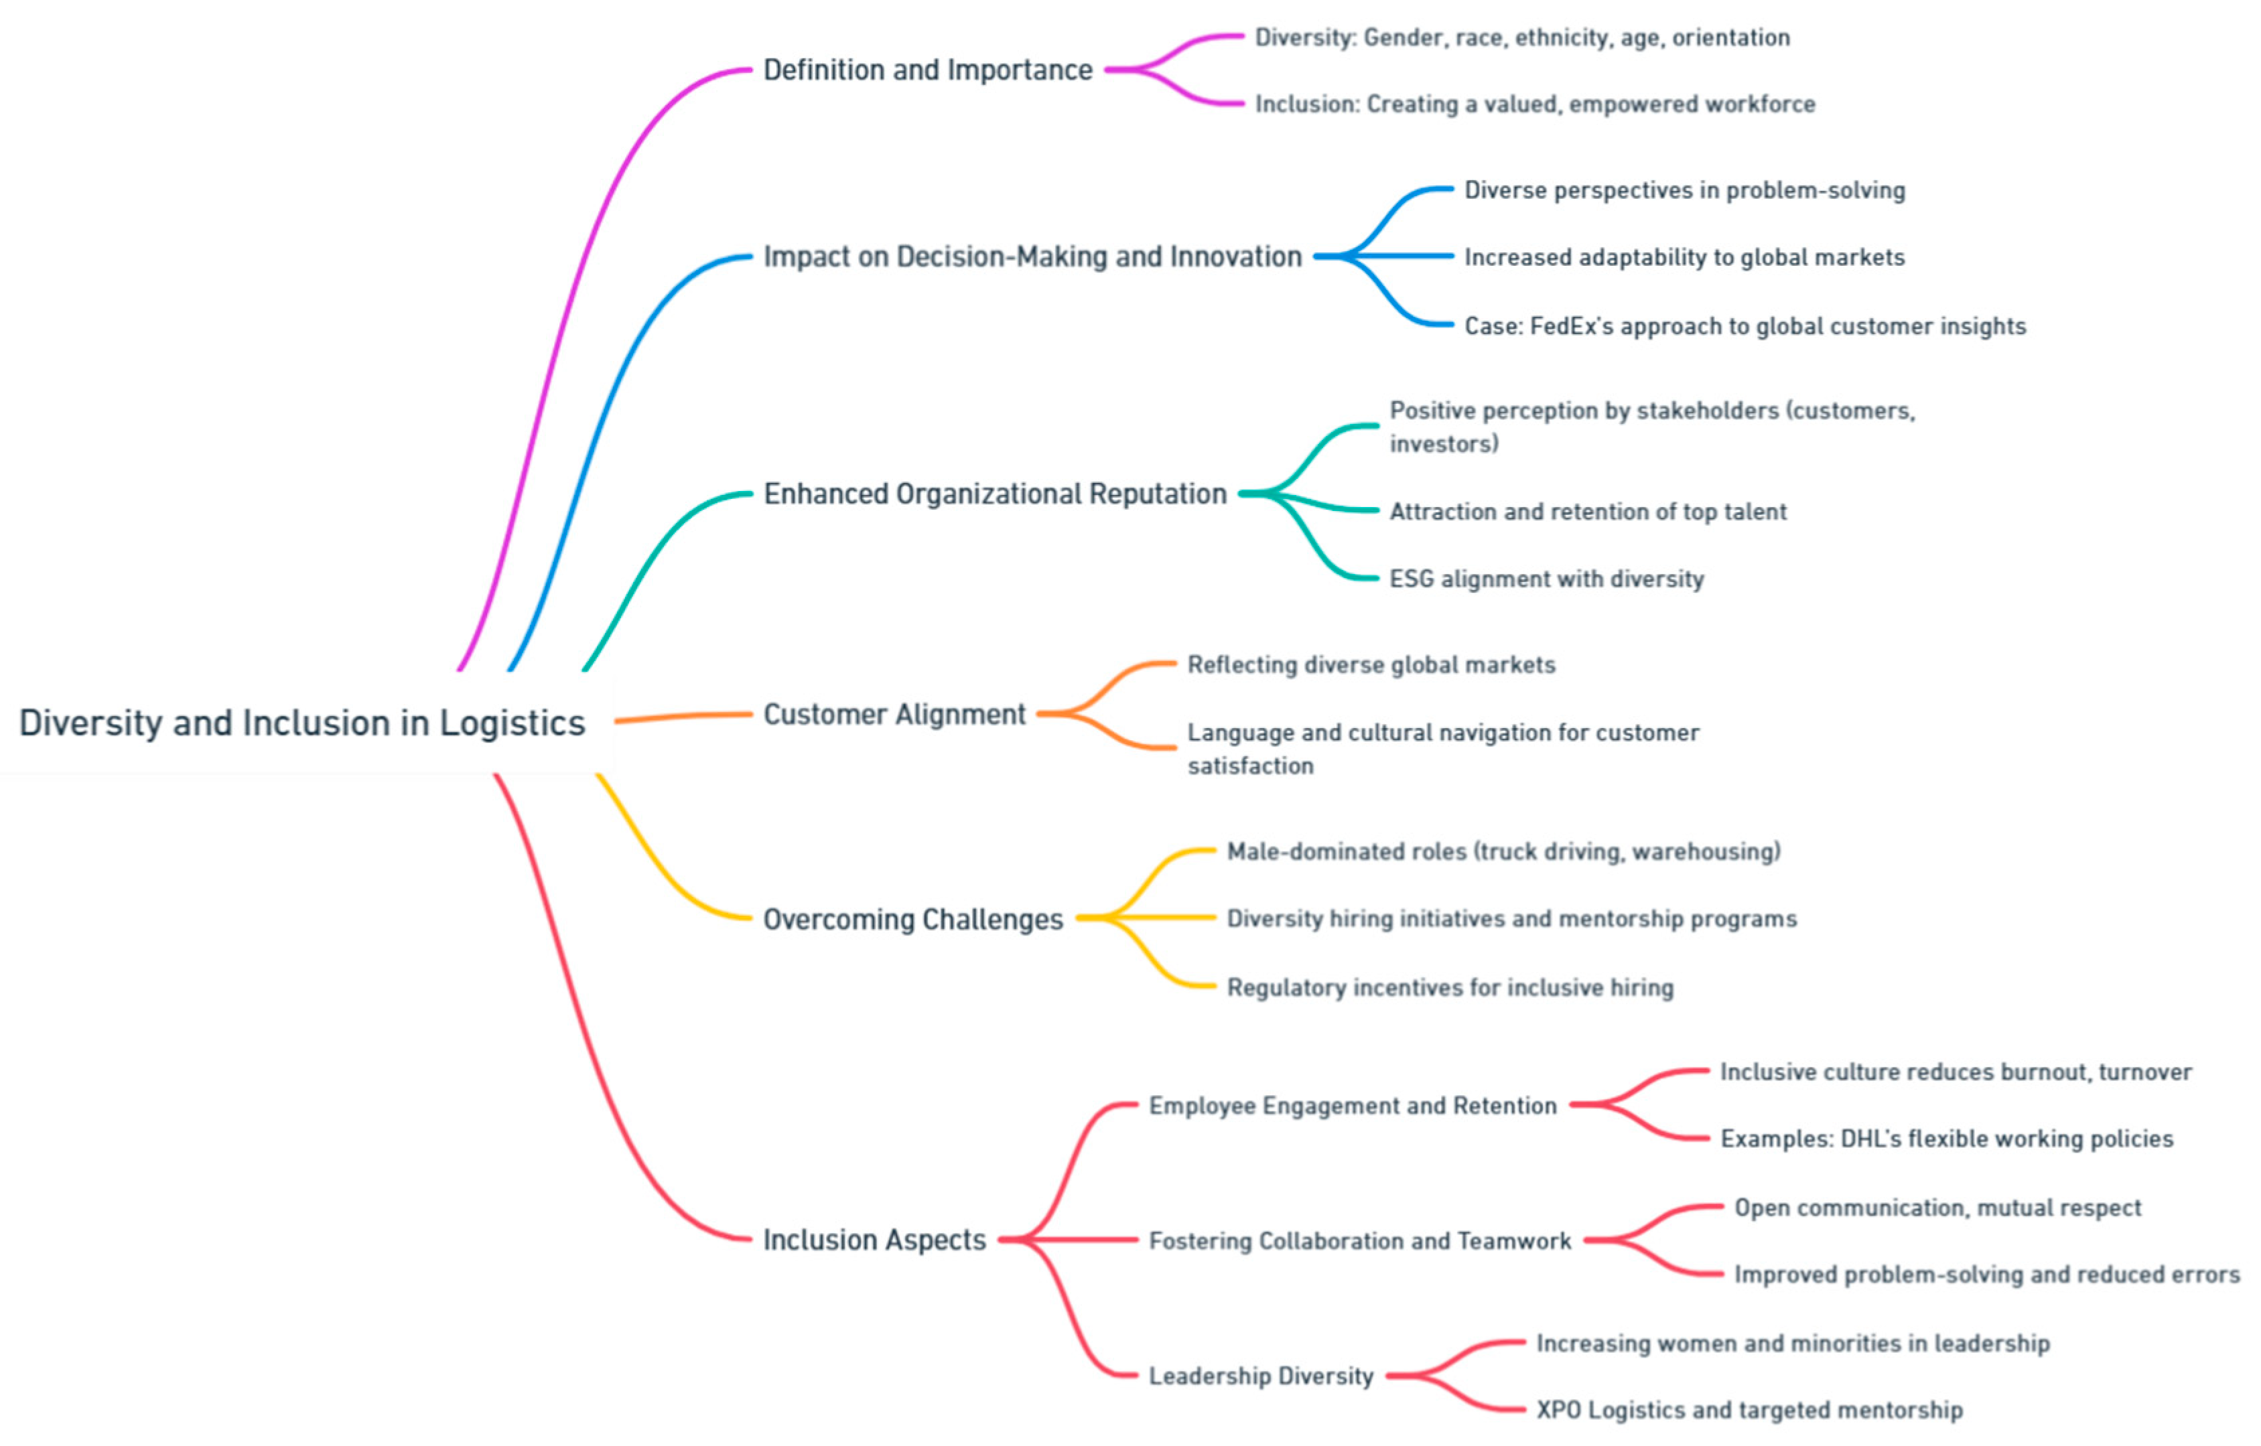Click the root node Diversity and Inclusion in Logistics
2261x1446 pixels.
pos(301,723)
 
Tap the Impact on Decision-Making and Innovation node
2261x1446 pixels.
pos(1032,257)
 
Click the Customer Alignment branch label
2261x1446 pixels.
pos(894,715)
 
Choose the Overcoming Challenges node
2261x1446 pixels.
pos(912,920)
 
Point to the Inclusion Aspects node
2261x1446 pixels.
pos(874,1240)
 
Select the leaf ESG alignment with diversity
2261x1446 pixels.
pos(1546,579)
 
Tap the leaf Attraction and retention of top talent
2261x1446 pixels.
pos(1587,512)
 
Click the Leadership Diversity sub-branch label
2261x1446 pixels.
pos(1260,1376)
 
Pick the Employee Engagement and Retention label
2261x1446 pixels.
pos(1352,1106)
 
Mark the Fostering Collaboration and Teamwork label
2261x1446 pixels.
pos(1359,1241)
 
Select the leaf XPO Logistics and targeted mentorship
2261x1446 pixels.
pos(1749,1411)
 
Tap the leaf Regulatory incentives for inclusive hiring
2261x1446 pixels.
pos(1450,988)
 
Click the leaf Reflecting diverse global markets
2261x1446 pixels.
pos(1370,665)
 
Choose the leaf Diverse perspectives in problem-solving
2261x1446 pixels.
pos(1684,191)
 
